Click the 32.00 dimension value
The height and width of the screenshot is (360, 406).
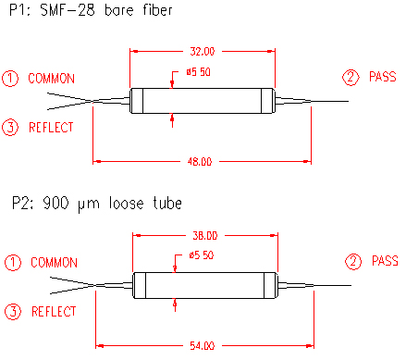pyautogui.click(x=202, y=51)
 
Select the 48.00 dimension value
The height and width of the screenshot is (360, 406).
pyautogui.click(x=200, y=162)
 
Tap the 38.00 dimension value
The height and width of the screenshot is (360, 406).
pyautogui.click(x=205, y=236)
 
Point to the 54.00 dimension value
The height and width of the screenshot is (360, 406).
pyautogui.click(x=203, y=345)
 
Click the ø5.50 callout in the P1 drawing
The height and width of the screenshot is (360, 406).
pyautogui.click(x=198, y=72)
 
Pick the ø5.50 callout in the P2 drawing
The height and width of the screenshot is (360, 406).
pyautogui.click(x=202, y=255)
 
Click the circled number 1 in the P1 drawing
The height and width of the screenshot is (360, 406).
pyautogui.click(x=10, y=79)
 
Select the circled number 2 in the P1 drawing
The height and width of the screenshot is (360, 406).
pyautogui.click(x=351, y=77)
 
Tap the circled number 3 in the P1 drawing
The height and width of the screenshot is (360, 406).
pyautogui.click(x=10, y=127)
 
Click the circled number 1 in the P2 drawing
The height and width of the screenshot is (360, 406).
pyautogui.click(x=13, y=263)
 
